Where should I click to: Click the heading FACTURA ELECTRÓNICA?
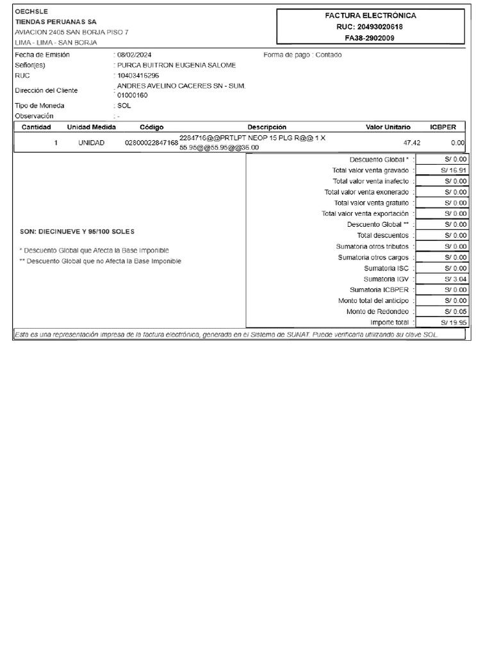click(371, 15)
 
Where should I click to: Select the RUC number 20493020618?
click(371, 27)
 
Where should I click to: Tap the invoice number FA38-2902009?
click(371, 38)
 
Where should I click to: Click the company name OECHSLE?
click(31, 12)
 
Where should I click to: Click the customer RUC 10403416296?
click(138, 76)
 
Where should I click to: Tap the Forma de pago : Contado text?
click(302, 55)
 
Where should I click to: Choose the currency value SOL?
click(124, 106)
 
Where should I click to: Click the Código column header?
click(152, 127)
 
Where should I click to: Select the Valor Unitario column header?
click(388, 127)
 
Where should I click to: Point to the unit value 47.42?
click(412, 143)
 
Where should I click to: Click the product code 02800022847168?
click(151, 143)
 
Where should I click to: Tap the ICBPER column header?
click(443, 127)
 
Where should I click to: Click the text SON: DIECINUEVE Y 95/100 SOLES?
click(78, 231)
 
